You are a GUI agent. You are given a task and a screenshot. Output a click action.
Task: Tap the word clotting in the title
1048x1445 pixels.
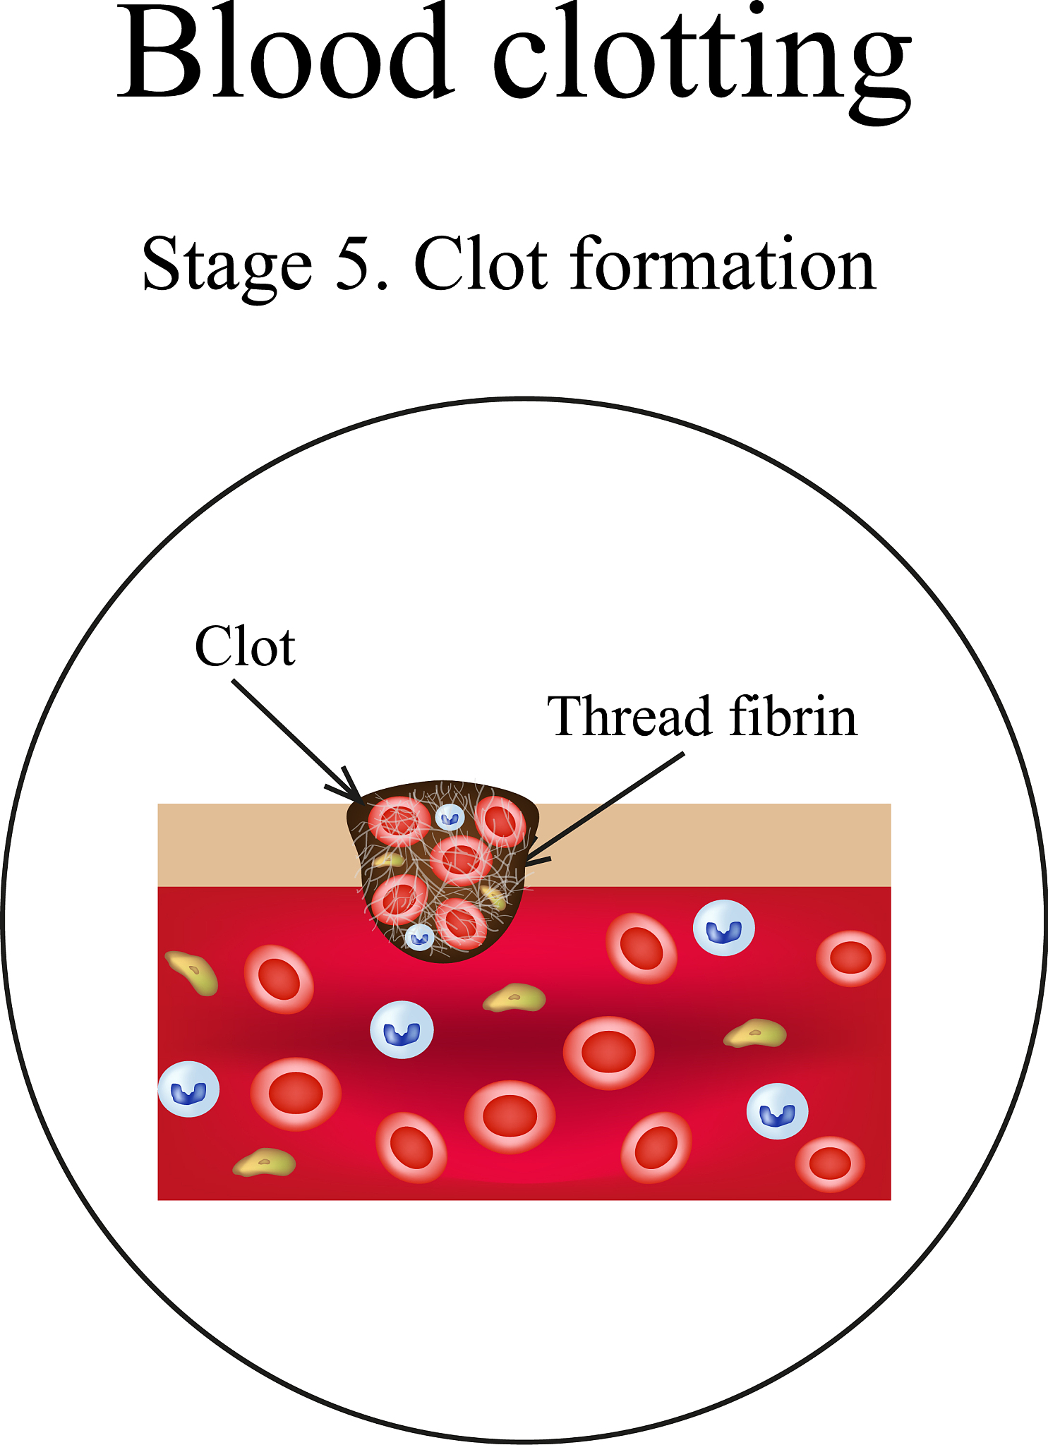(702, 60)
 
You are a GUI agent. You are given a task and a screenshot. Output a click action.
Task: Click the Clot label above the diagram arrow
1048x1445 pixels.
(245, 646)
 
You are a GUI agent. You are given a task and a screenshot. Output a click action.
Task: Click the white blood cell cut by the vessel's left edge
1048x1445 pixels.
(188, 1089)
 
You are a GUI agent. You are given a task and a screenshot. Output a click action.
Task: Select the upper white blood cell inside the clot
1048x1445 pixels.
(449, 818)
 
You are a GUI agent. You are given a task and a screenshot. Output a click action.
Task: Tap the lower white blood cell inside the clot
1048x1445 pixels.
(420, 938)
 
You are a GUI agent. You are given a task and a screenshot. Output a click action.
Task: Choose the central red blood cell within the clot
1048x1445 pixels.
(460, 860)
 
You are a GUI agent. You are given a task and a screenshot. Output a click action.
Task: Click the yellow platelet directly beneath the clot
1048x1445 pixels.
(514, 998)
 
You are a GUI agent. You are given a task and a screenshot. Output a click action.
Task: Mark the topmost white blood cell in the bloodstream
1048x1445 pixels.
(724, 928)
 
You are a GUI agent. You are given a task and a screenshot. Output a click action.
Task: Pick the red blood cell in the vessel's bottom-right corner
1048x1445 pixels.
(830, 1163)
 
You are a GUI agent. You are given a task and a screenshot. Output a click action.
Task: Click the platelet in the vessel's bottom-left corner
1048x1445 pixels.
(265, 1163)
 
